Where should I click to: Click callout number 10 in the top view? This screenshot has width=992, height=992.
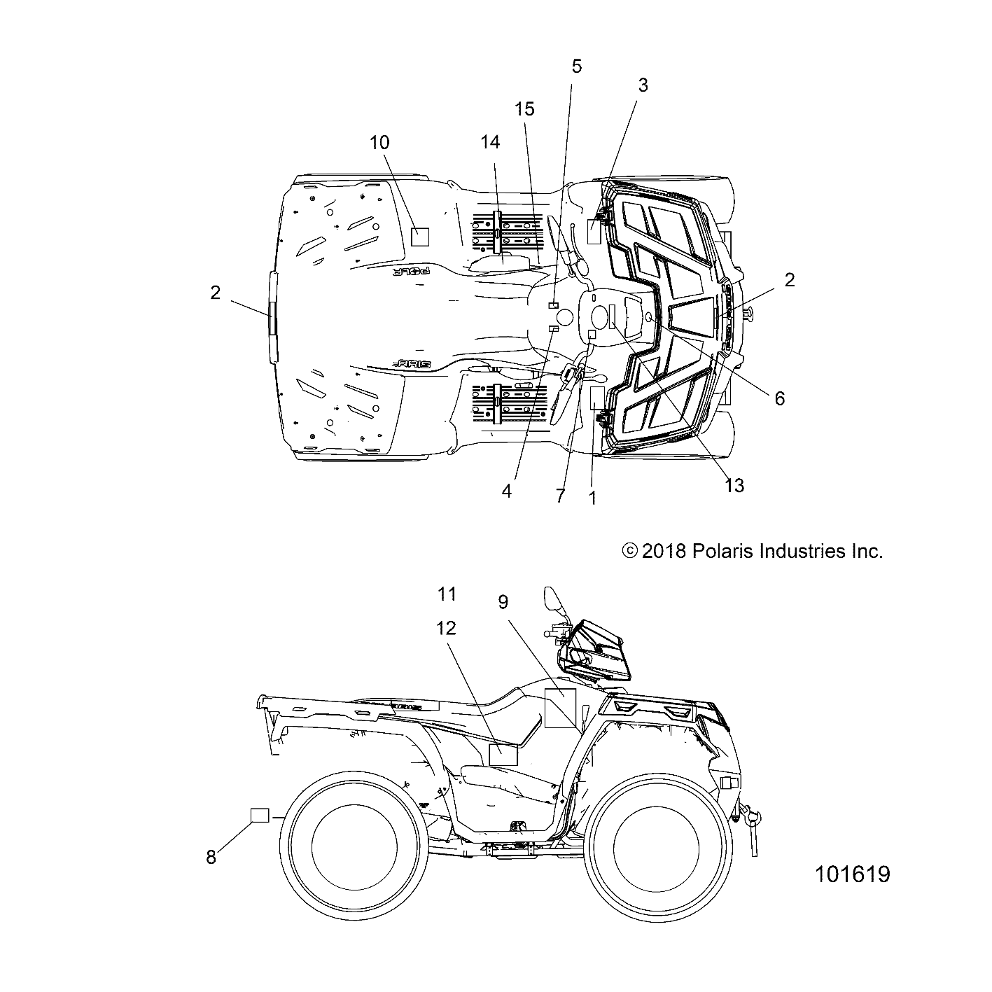pyautogui.click(x=379, y=142)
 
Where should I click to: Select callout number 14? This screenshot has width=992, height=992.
pyautogui.click(x=490, y=142)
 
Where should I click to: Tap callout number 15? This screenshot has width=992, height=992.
pyautogui.click(x=524, y=109)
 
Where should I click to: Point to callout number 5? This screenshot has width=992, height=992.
pyautogui.click(x=576, y=67)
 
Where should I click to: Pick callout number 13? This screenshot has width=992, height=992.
pyautogui.click(x=734, y=484)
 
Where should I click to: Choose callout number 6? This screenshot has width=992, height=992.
pyautogui.click(x=779, y=398)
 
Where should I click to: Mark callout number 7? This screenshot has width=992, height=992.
pyautogui.click(x=559, y=496)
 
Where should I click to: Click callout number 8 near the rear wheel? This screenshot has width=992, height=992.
pyautogui.click(x=211, y=857)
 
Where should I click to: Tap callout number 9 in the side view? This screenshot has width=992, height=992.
pyautogui.click(x=503, y=602)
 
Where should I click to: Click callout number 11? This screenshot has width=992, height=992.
pyautogui.click(x=447, y=594)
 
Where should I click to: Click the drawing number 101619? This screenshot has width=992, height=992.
pyautogui.click(x=852, y=874)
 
